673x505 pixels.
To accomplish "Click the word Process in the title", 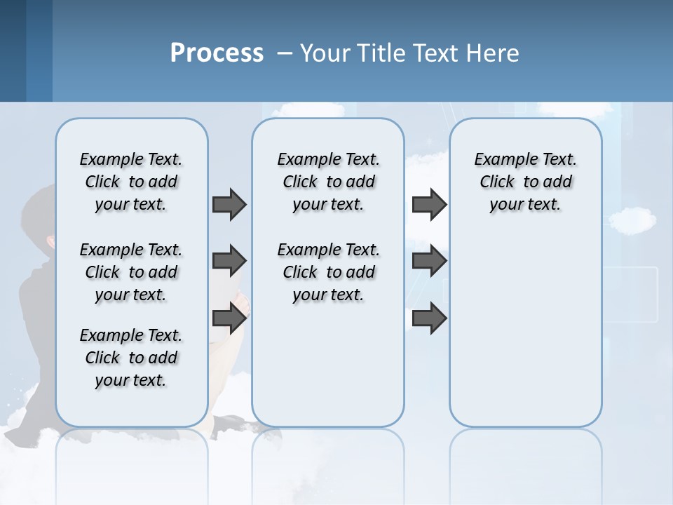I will pyautogui.click(x=217, y=53).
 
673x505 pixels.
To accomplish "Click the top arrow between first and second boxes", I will pyautogui.click(x=229, y=204).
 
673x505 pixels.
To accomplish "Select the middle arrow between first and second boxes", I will pyautogui.click(x=229, y=261).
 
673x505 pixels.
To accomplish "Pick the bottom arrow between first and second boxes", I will pyautogui.click(x=229, y=318).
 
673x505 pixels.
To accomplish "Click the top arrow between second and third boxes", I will pyautogui.click(x=429, y=204).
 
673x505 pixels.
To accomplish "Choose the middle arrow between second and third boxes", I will pyautogui.click(x=429, y=261).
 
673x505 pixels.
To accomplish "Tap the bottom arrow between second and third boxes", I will pyautogui.click(x=429, y=318).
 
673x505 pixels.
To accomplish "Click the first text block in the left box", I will pyautogui.click(x=131, y=182).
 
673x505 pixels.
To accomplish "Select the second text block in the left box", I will pyautogui.click(x=131, y=272).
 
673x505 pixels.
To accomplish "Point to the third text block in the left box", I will pyautogui.click(x=131, y=358).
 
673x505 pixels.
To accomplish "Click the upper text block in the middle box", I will pyautogui.click(x=328, y=182).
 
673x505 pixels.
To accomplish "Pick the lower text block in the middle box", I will pyautogui.click(x=328, y=272).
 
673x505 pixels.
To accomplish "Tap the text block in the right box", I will pyautogui.click(x=525, y=182).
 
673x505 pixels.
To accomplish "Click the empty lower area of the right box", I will pyautogui.click(x=525, y=337).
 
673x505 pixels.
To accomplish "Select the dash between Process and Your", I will pyautogui.click(x=285, y=53).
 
